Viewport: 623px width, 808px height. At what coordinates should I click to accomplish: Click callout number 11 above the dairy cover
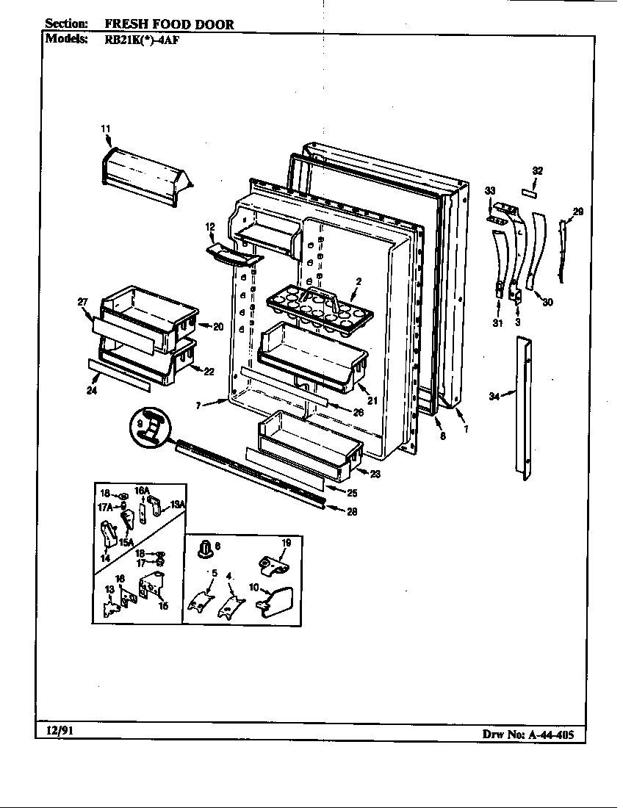coord(105,129)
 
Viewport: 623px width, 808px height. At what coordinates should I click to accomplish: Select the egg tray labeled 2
coord(320,306)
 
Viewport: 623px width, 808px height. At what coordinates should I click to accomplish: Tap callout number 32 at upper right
coord(538,170)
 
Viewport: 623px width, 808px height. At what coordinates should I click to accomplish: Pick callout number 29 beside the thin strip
coord(578,212)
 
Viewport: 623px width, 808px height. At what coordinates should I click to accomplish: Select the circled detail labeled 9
coord(152,427)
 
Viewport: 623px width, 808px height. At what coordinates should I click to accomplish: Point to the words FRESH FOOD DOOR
coord(174,24)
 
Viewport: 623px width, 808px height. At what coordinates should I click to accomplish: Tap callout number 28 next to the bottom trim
coord(352,512)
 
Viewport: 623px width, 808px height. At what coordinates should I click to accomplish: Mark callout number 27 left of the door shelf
coord(83,301)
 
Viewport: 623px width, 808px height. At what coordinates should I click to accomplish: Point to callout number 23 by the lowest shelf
coord(375,474)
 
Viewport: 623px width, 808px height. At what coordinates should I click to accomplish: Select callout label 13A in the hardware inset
coord(177,504)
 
